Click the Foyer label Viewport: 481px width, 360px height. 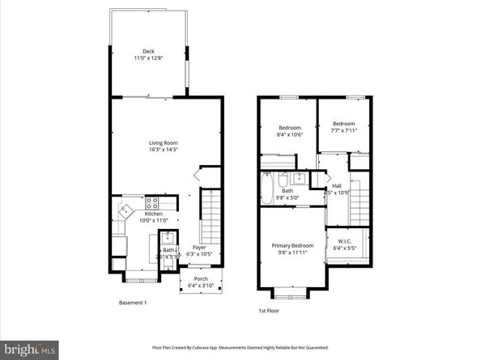(x=199, y=248)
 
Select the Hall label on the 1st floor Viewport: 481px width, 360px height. (x=336, y=185)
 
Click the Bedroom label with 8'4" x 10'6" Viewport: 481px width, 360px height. (x=290, y=128)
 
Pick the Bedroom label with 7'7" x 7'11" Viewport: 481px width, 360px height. (x=344, y=124)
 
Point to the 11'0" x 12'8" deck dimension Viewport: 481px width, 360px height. (x=148, y=58)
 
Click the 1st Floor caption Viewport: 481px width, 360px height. (x=269, y=310)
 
